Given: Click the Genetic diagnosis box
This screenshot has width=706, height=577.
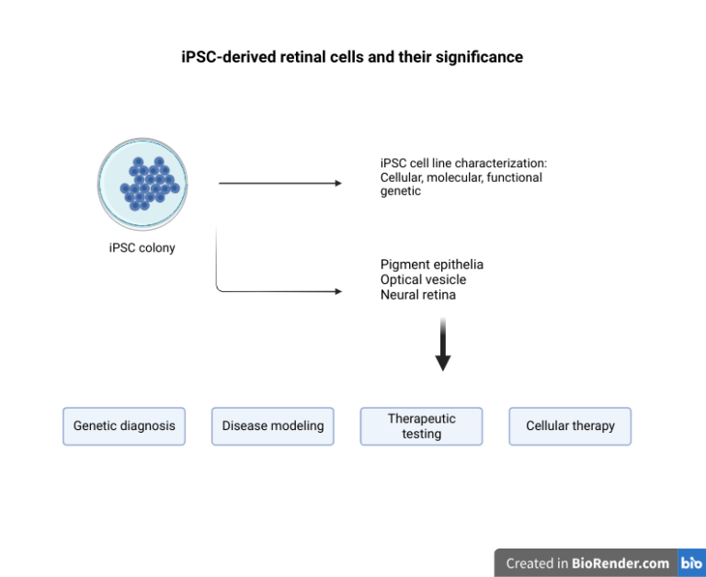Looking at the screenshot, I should tap(124, 426).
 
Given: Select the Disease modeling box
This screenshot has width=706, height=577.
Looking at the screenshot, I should tap(273, 426).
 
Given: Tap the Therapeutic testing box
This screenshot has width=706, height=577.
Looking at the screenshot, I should tap(421, 426).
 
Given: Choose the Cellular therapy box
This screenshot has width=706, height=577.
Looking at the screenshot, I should tap(570, 426).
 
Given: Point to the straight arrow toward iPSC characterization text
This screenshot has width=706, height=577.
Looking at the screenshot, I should tap(279, 184).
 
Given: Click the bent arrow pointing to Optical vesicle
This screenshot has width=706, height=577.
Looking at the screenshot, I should tap(276, 292).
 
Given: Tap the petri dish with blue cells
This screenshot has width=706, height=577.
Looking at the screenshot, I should tap(142, 183).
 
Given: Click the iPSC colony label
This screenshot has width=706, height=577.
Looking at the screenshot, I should tap(142, 247).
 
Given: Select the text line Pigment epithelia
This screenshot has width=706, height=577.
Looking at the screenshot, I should tap(431, 265).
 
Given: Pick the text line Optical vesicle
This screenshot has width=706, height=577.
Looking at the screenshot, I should tap(423, 279).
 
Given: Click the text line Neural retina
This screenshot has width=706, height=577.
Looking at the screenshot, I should tap(417, 295).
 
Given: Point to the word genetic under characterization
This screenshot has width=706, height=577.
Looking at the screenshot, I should tap(400, 191).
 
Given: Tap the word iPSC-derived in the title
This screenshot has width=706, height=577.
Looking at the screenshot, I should tap(225, 57).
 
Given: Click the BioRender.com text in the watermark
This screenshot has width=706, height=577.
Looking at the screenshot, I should tap(621, 563).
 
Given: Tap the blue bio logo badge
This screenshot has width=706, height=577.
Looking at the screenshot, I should tap(691, 563).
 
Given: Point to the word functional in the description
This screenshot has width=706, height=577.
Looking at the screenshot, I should tap(515, 177).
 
